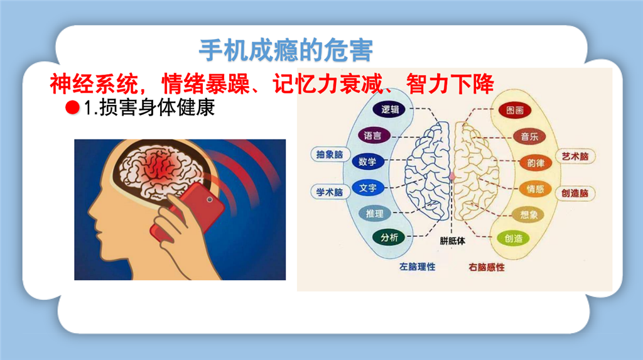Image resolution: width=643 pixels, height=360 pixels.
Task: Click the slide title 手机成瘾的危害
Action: tap(286, 50)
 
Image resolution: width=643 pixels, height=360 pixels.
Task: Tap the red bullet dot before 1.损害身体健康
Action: tap(72, 107)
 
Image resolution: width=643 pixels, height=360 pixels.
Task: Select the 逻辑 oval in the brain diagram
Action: tap(389, 109)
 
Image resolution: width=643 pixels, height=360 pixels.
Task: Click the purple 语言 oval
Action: tap(373, 136)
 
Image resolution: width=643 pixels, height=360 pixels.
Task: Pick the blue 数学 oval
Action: tap(367, 161)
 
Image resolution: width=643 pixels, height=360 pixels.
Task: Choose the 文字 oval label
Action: tap(367, 188)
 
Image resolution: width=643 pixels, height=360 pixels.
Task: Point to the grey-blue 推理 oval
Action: tap(374, 214)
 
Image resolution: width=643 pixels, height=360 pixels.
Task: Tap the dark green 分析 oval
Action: tap(389, 237)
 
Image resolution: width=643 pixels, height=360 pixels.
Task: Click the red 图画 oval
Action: tap(515, 110)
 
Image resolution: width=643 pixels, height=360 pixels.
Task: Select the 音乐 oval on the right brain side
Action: tap(529, 136)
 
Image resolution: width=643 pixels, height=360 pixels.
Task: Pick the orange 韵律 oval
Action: tap(536, 163)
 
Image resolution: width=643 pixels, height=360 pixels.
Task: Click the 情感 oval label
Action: tap(535, 189)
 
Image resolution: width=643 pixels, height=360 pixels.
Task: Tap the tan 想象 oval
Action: tap(529, 214)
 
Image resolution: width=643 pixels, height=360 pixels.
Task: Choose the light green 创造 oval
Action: tap(513, 239)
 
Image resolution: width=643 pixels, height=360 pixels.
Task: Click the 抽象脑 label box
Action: tap(329, 155)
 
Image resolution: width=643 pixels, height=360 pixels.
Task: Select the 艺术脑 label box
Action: tap(575, 156)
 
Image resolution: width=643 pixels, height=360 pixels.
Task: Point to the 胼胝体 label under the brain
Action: tap(452, 241)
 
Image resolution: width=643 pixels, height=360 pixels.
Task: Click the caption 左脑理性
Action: tap(417, 267)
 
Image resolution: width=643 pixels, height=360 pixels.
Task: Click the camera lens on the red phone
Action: tap(210, 200)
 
